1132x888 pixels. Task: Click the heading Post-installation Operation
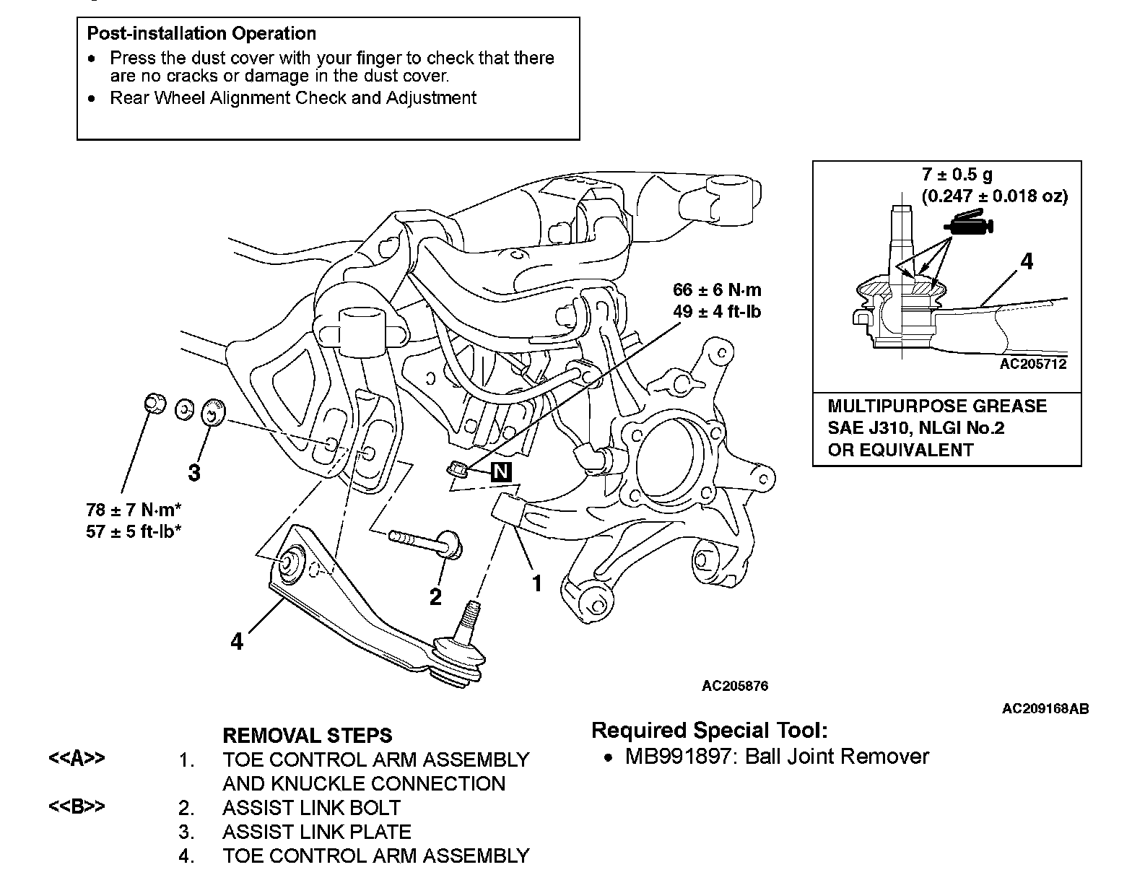[x=201, y=34]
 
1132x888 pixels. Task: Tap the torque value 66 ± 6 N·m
[x=717, y=290]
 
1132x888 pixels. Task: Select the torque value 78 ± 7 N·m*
[x=134, y=510]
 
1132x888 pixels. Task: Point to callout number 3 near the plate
[x=193, y=473]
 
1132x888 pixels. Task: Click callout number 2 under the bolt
[x=435, y=596]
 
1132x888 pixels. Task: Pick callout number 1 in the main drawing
[x=536, y=583]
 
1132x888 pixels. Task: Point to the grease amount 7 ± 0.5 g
[x=957, y=174]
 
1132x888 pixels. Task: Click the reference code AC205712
[x=1032, y=364]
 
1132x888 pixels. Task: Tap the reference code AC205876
[x=735, y=685]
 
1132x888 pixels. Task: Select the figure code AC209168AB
[x=1045, y=708]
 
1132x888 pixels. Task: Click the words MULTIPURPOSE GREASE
[x=937, y=406]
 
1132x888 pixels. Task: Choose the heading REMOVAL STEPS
[x=307, y=736]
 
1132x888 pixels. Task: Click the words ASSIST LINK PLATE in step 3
[x=317, y=832]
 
